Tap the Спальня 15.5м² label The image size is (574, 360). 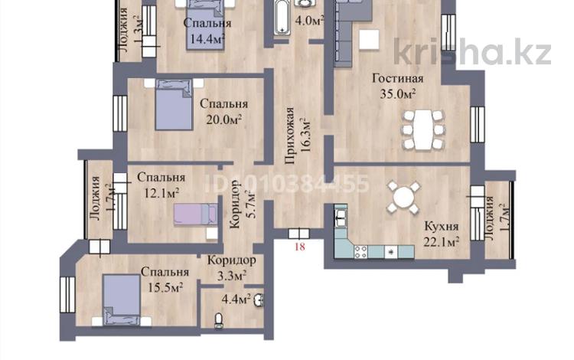point(165,280)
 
